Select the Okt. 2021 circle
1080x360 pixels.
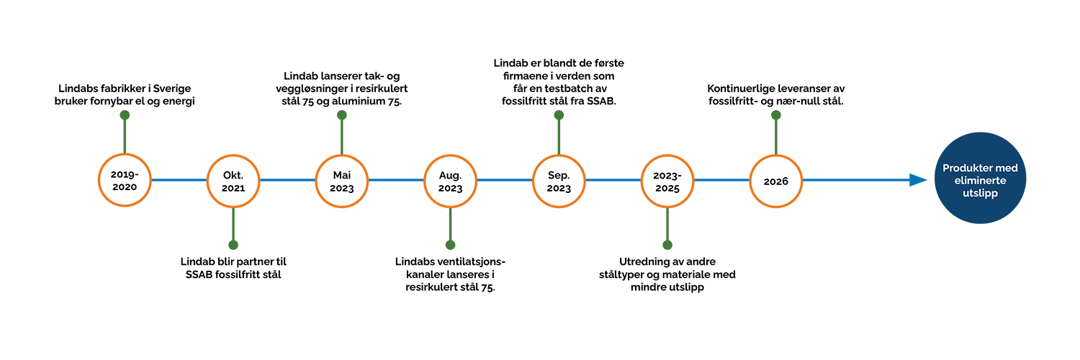(233, 181)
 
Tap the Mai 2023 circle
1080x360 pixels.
(341, 181)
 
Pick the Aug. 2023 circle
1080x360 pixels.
(450, 181)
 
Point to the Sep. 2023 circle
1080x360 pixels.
(559, 181)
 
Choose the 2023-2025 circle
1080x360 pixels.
(667, 181)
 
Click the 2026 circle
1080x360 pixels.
(776, 181)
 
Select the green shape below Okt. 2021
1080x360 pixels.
(233, 235)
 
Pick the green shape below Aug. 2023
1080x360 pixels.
(450, 235)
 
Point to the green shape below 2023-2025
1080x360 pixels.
(667, 235)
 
